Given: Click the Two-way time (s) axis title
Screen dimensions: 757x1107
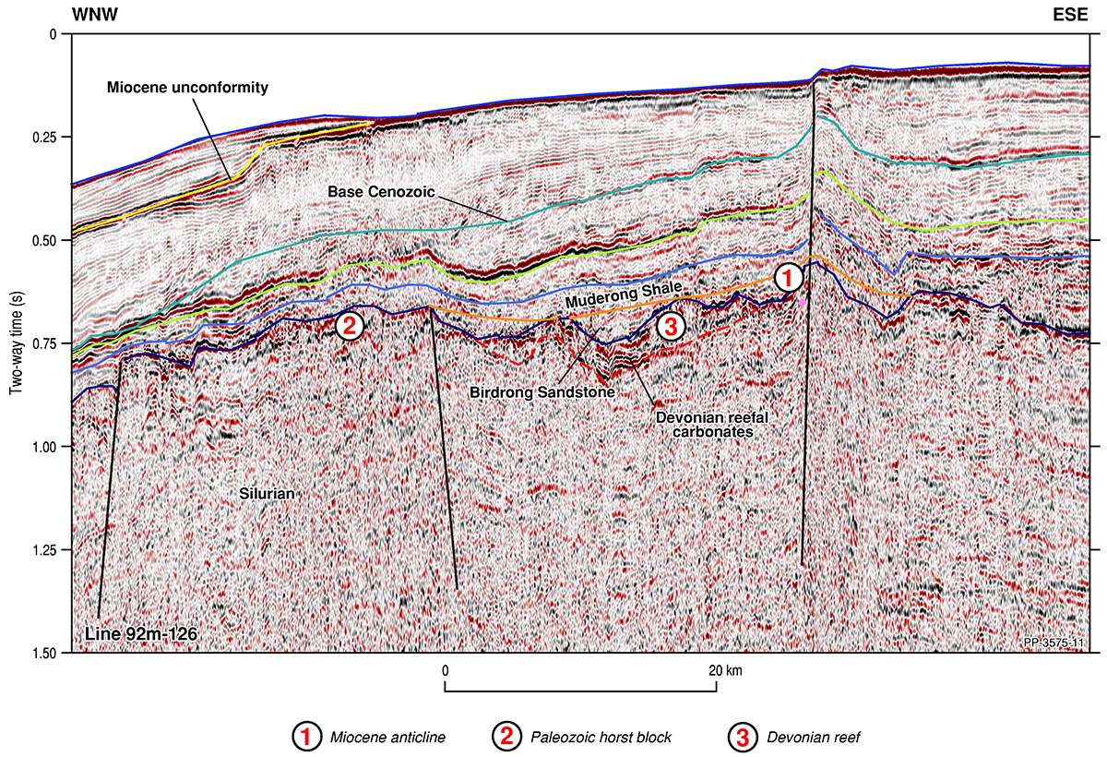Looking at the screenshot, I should coord(16,343).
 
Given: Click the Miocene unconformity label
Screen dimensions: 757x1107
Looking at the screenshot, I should coord(186,89).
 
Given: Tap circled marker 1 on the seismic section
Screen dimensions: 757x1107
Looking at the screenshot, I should coord(786,276).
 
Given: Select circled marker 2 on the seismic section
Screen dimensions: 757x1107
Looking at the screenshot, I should coord(350,324).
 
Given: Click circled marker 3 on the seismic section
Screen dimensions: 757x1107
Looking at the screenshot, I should coord(671,326).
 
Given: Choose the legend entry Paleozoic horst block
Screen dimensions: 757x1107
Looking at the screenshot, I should coord(589,737).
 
